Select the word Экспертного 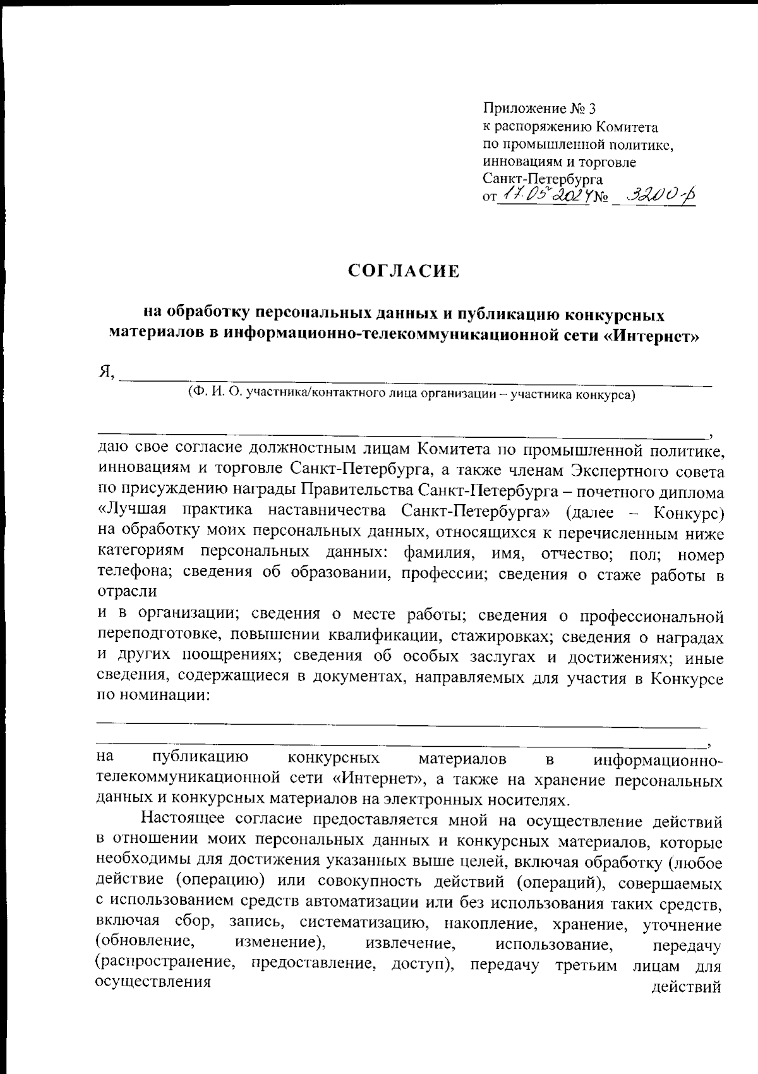(x=617, y=471)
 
